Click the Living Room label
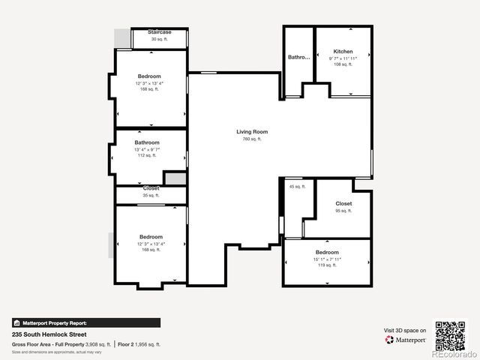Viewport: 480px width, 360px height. tap(252, 132)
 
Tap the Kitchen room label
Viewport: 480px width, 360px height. tap(343, 52)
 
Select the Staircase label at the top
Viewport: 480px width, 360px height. tap(160, 32)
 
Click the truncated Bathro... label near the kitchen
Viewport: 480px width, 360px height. tap(298, 57)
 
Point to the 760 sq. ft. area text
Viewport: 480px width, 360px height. tap(252, 139)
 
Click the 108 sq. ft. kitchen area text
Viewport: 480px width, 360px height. tap(343, 64)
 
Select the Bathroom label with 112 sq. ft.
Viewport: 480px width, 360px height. tap(147, 142)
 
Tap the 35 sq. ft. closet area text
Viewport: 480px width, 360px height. tap(151, 195)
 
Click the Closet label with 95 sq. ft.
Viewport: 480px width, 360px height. tap(343, 203)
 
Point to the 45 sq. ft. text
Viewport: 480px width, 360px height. tap(298, 187)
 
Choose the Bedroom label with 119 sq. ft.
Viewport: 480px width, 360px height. tap(327, 252)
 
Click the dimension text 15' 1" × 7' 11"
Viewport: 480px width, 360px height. tap(327, 259)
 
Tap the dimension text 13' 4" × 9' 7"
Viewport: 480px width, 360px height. tap(147, 149)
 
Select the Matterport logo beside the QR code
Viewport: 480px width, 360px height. tap(406, 340)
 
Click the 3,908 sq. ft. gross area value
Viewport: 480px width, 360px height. tap(98, 344)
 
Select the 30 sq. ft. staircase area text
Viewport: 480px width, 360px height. tap(160, 39)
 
